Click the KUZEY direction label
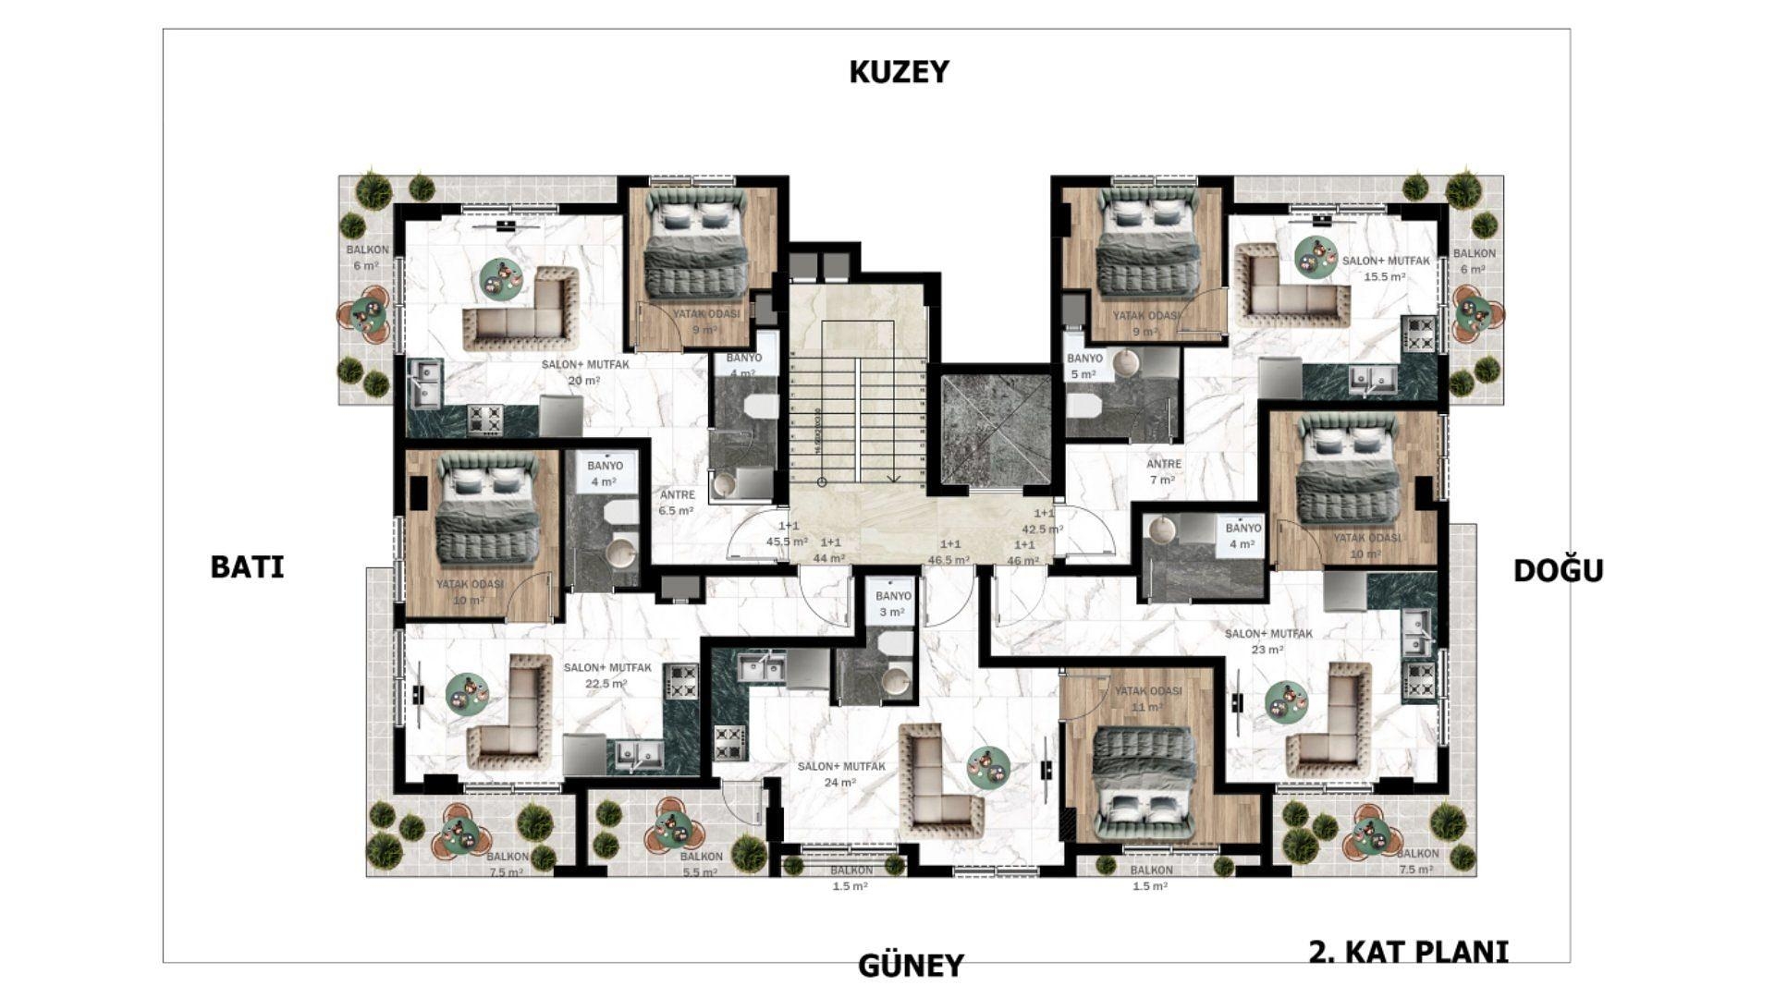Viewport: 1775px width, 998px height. pyautogui.click(x=899, y=72)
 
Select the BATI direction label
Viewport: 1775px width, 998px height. pyautogui.click(x=247, y=566)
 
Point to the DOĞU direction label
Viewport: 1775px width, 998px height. pyautogui.click(x=1558, y=571)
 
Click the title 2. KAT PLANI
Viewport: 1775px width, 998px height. pyautogui.click(x=1408, y=952)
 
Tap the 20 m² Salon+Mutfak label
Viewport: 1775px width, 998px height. pyautogui.click(x=585, y=372)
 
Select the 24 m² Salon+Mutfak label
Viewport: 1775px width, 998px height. pyautogui.click(x=841, y=774)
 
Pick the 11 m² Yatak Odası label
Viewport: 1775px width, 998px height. pyautogui.click(x=1147, y=699)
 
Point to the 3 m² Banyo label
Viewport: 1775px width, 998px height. pyautogui.click(x=893, y=604)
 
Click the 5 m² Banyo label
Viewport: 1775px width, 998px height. pyautogui.click(x=1084, y=366)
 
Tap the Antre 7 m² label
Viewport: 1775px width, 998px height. pyautogui.click(x=1163, y=472)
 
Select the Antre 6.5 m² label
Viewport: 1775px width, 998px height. pyautogui.click(x=677, y=503)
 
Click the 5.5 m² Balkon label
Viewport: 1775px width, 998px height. pyautogui.click(x=700, y=865)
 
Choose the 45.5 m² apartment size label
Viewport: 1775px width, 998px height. pyautogui.click(x=787, y=534)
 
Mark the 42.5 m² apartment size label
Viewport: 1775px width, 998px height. pyautogui.click(x=1043, y=521)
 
